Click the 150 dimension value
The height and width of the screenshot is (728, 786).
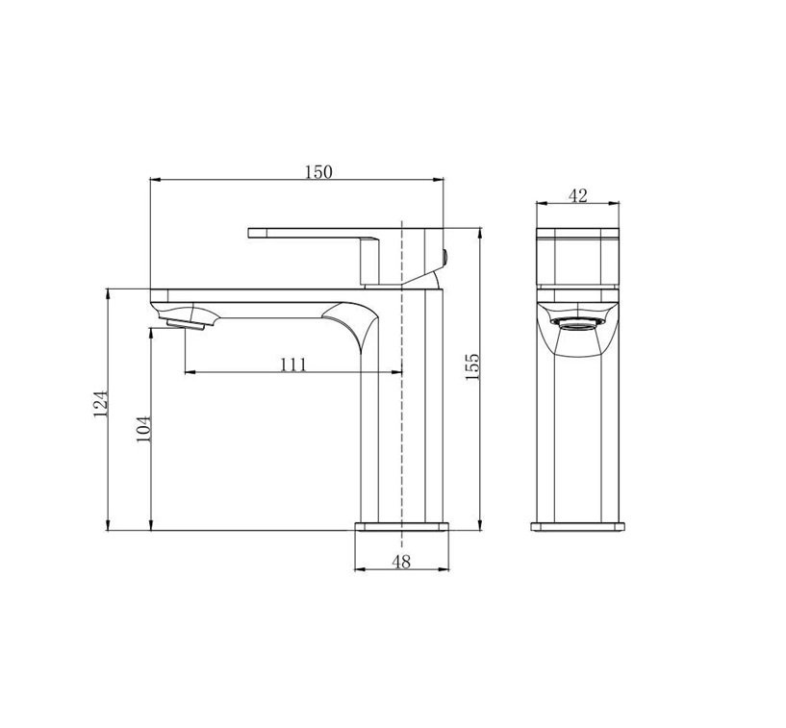tap(318, 172)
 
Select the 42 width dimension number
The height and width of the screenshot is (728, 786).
tap(577, 196)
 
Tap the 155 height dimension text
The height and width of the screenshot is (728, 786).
tap(472, 367)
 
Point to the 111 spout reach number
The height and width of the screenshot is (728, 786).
tap(292, 364)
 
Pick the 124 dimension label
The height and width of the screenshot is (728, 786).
tap(101, 404)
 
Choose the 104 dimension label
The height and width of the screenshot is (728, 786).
tap(144, 429)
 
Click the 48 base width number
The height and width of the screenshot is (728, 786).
tap(401, 562)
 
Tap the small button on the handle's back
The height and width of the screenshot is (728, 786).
tap(444, 257)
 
